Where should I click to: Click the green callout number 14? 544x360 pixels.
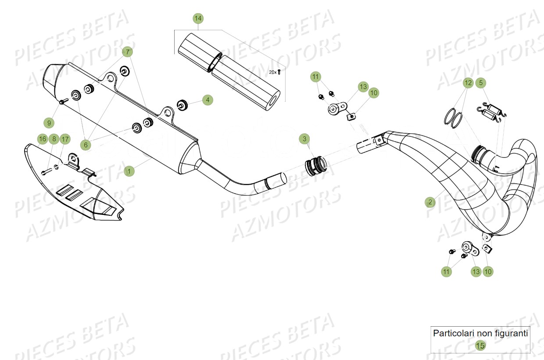[198, 18]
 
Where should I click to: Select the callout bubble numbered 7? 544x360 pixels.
[127, 52]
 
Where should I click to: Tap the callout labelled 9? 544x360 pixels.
[49, 122]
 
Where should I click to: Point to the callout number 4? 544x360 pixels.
[208, 100]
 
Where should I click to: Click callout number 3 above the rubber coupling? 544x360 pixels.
[304, 139]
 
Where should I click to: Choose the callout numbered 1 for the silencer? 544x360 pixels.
[129, 171]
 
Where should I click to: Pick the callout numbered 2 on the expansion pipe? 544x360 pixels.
[430, 202]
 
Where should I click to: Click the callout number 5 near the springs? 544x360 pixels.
[480, 82]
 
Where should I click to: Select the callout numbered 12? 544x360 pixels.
[468, 82]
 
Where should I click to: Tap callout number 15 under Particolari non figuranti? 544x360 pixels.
[480, 346]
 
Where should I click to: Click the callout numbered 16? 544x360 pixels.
[42, 139]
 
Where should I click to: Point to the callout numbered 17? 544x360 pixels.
[64, 139]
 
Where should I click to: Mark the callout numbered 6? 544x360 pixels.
[86, 144]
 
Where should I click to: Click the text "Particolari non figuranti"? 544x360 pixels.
[480, 333]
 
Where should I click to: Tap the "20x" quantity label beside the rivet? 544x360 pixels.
[272, 72]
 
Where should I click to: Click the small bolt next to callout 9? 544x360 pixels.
[61, 102]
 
